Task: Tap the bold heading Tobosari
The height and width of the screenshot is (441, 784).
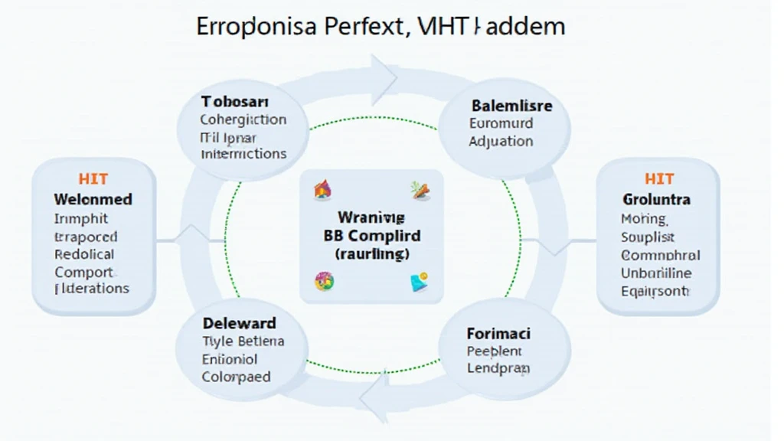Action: (x=235, y=102)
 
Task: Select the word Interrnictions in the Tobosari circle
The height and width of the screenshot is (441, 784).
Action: (x=243, y=154)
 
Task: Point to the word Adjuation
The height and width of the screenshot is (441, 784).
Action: (x=501, y=141)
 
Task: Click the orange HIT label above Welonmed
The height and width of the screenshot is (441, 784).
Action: (x=93, y=179)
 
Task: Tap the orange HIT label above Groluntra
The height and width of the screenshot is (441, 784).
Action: (x=658, y=179)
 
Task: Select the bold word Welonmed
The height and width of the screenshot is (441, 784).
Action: (x=93, y=199)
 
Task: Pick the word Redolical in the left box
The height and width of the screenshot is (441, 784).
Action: (x=85, y=254)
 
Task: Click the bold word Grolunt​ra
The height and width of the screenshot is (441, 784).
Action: (x=657, y=199)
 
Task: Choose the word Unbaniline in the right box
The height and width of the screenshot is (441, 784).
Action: (x=657, y=273)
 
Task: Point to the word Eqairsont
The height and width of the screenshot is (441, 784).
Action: (x=655, y=291)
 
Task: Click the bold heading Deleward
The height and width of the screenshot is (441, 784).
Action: (x=240, y=323)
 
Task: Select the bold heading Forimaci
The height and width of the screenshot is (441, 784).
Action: (x=498, y=334)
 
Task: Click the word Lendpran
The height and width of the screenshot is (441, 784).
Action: (x=498, y=368)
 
